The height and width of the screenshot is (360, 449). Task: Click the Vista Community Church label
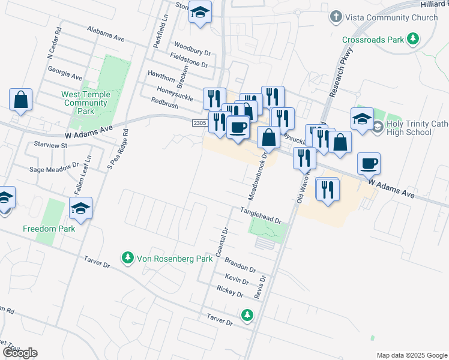coord(392,18)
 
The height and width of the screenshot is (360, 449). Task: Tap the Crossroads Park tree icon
coord(412,40)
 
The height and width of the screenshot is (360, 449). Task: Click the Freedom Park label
coord(49,229)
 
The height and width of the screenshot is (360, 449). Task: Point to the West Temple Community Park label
coord(86,103)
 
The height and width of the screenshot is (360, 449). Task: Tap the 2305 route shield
coord(200,123)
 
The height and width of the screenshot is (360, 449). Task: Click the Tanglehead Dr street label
coord(261,215)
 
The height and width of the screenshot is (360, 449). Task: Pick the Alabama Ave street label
coord(105,33)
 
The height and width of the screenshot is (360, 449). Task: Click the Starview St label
coord(50,146)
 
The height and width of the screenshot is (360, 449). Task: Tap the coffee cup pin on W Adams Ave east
coord(369,163)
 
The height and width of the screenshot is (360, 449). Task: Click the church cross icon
coord(336,17)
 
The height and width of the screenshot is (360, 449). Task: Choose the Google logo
coord(20,353)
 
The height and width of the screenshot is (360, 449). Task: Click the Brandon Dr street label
coord(240,265)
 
